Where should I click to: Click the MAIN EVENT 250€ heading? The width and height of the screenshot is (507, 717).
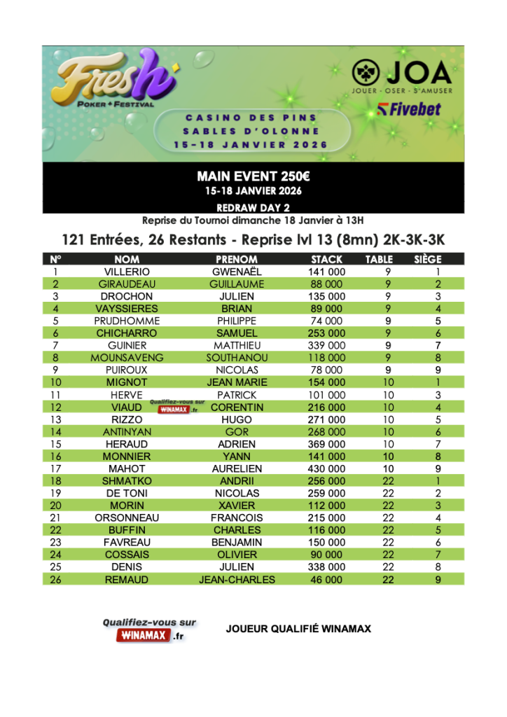coord(253,178)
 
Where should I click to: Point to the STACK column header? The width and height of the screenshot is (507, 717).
coord(326,259)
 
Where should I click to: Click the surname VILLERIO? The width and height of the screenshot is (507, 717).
coord(127,272)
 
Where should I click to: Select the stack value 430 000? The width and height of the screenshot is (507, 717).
coord(326,468)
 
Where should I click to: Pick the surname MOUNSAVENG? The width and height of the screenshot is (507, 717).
coord(127,358)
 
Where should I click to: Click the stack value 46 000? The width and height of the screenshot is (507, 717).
coord(326,579)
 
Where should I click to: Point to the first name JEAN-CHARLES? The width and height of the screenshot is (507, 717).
coord(237,579)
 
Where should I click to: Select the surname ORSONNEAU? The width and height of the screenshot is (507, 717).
coord(127,517)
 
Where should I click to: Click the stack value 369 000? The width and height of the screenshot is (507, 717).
coord(326,444)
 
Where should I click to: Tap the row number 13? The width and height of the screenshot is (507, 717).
coord(56,419)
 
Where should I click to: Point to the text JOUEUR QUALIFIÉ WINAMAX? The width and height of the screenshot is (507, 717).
coord(298,629)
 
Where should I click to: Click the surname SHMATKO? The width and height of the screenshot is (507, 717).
coord(127,481)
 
